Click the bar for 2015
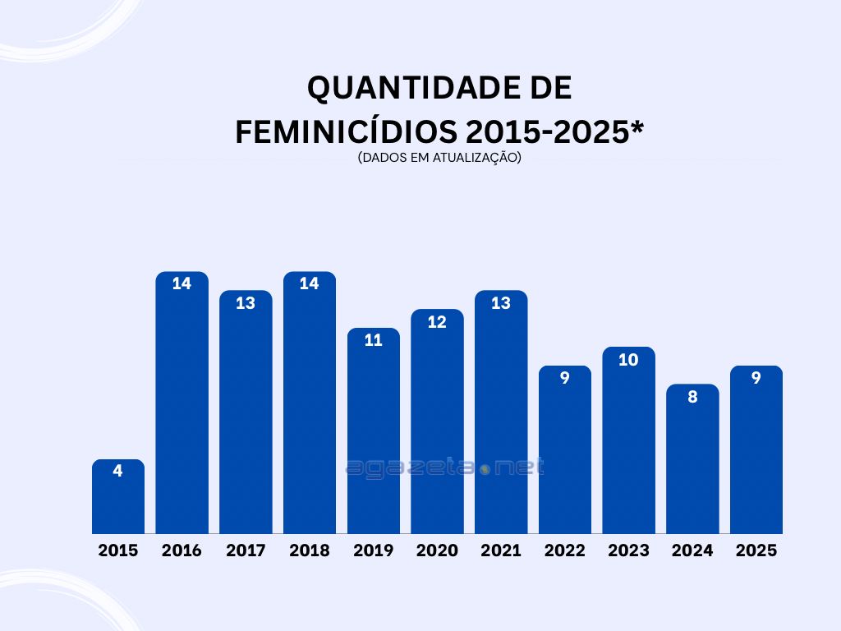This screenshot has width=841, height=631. tap(117, 501)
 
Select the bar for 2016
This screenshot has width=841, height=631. tap(182, 411)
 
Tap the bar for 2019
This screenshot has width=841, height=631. tap(373, 435)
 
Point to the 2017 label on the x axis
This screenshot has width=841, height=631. tap(246, 550)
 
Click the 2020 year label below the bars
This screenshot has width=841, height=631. tap(437, 550)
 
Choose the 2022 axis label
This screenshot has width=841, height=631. tap(565, 550)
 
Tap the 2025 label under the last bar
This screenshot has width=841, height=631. tap(756, 550)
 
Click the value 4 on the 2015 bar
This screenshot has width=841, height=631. tap(117, 472)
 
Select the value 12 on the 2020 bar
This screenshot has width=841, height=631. tap(437, 322)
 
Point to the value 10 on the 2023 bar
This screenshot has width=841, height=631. tap(628, 359)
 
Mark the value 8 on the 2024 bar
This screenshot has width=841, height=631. tap(692, 397)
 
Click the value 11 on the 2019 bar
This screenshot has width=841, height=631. tap(373, 340)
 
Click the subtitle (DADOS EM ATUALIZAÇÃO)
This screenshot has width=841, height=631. tap(439, 158)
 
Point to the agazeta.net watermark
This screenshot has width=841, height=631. tap(444, 468)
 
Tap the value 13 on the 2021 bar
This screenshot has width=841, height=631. tap(501, 303)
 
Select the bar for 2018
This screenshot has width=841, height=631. tap(310, 411)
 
